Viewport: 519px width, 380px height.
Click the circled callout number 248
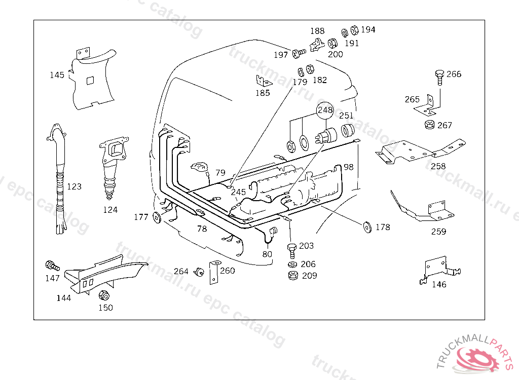click(325, 110)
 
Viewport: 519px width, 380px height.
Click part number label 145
click(57, 75)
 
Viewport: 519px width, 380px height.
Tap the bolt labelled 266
click(439, 76)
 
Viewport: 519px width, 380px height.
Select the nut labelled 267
click(429, 125)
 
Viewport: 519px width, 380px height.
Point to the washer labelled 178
click(366, 226)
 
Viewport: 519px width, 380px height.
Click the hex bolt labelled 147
click(52, 265)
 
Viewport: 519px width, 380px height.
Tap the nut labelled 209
click(292, 276)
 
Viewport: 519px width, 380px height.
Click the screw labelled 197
click(298, 53)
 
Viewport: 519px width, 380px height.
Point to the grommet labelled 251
click(347, 131)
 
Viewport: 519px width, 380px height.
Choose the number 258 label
click(438, 166)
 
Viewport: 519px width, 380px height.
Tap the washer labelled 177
click(157, 218)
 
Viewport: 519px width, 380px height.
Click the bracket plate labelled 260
click(214, 272)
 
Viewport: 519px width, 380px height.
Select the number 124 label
click(110, 209)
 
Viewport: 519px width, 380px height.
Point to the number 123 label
click(74, 186)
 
